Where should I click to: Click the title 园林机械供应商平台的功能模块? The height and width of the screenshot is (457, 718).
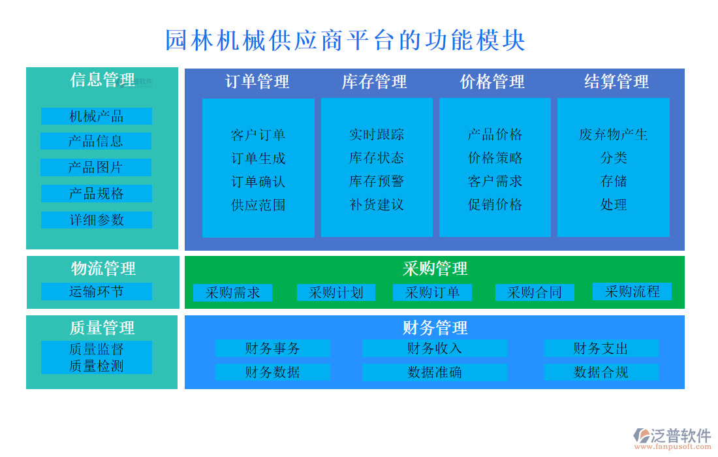(x=345, y=40)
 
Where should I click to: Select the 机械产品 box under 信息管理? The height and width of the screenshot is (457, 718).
(x=97, y=116)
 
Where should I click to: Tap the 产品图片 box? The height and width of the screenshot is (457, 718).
(x=96, y=167)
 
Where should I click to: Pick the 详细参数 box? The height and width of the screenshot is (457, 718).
(x=97, y=220)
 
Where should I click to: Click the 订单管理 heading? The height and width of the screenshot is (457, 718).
(x=257, y=82)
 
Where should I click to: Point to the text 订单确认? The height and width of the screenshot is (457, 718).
(x=258, y=181)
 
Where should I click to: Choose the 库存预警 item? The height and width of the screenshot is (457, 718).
(x=377, y=181)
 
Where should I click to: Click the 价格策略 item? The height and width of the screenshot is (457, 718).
(x=495, y=158)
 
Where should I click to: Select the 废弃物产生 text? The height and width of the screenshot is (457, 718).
(x=613, y=134)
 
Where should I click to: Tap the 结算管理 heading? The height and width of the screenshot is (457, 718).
(x=616, y=82)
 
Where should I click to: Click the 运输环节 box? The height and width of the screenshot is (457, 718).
(x=97, y=291)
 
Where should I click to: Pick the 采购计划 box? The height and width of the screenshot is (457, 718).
(x=336, y=292)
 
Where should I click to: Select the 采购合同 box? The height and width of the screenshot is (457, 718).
(x=535, y=292)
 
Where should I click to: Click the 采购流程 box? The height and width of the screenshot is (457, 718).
(x=632, y=291)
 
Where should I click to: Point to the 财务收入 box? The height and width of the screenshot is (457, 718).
(x=435, y=349)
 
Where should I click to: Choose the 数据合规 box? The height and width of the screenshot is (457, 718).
(x=601, y=372)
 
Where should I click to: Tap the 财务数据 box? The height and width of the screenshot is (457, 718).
(x=272, y=372)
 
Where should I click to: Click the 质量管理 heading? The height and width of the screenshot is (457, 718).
(x=102, y=328)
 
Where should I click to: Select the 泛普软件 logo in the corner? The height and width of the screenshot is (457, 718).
(x=672, y=437)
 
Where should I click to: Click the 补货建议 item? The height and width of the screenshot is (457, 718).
(x=377, y=205)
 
